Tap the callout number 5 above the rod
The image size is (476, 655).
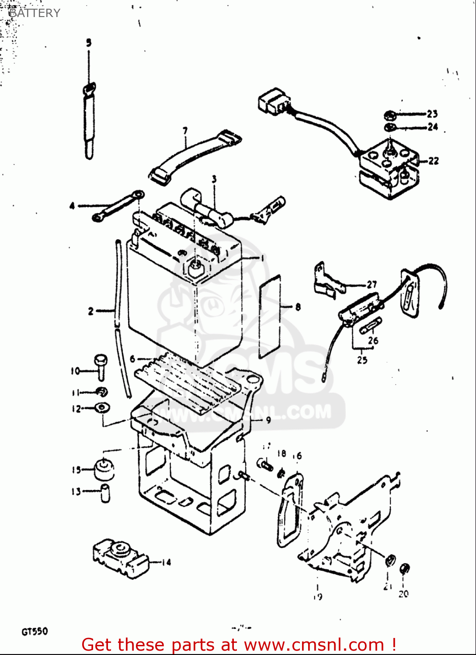[89, 43]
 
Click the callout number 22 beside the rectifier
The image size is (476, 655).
[433, 161]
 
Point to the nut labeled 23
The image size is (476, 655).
[389, 115]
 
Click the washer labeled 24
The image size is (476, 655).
[389, 128]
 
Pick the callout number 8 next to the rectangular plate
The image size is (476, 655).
[298, 307]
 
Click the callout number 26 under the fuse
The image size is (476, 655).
[373, 340]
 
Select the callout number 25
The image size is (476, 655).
[362, 360]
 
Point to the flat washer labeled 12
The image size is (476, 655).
[102, 407]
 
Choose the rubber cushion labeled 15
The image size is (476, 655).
[104, 469]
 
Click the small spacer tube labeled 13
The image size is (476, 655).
[105, 493]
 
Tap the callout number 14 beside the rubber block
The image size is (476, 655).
[166, 562]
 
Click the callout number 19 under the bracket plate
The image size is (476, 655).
[318, 596]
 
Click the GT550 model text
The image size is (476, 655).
[35, 631]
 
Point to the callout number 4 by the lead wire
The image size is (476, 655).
[72, 206]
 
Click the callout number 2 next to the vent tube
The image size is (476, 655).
[90, 311]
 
